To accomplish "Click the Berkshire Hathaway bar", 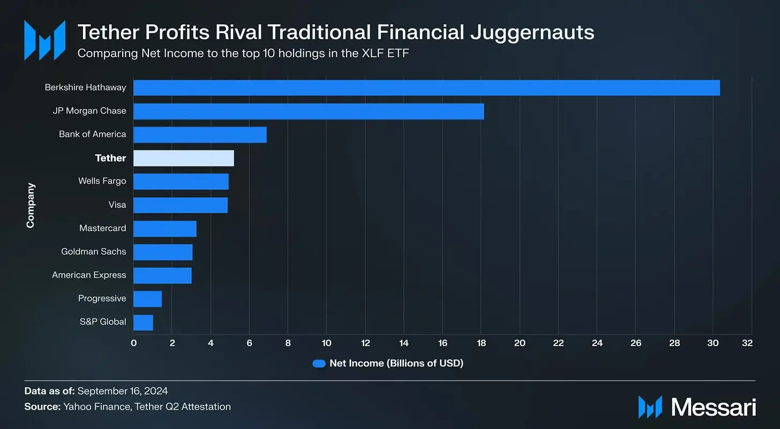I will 426,88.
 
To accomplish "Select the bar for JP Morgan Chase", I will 308,111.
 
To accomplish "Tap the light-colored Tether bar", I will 183,158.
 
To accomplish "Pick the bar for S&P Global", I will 143,322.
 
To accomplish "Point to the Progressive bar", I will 147,299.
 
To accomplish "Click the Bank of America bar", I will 199,134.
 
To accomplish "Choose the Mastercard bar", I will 164,229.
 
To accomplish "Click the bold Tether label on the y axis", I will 110,158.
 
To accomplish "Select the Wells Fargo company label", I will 102,181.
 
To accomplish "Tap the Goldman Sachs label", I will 93,251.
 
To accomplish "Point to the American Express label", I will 89,275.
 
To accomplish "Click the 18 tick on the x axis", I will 481,343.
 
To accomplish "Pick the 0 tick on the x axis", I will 133,343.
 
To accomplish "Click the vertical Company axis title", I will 31,205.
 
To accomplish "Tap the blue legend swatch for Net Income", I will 319,364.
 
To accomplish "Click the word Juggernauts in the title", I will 532,32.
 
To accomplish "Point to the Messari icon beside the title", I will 45,40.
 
